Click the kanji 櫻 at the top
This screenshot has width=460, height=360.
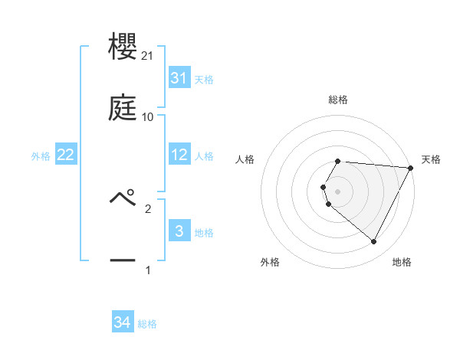123,46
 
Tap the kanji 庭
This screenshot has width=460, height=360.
123,108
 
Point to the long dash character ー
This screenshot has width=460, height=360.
123,261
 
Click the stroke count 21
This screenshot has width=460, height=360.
147,55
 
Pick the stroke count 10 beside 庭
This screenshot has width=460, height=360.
148,117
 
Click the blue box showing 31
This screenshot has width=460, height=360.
179,78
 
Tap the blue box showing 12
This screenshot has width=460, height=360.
179,155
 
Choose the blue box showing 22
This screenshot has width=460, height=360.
66,155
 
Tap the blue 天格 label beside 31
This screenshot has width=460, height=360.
204,80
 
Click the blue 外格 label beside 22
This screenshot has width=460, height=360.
41,156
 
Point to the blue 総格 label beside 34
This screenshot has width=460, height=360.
147,324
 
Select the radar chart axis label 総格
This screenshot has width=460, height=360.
338,100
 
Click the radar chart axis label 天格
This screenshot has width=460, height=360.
431,159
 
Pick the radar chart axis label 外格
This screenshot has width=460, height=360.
270,263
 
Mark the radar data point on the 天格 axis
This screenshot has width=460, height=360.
411,168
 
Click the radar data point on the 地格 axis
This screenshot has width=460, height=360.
374,242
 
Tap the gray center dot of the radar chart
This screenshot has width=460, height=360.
338,191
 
